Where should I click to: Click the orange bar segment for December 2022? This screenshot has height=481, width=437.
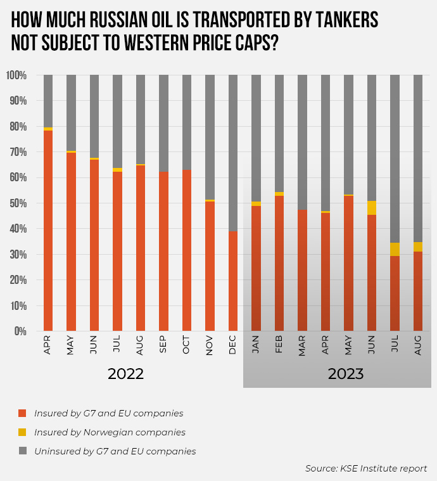point(233,281)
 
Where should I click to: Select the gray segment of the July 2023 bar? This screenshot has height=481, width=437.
point(395,158)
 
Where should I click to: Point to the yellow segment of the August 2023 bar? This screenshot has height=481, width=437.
point(418,247)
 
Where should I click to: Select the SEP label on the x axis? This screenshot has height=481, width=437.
point(164,346)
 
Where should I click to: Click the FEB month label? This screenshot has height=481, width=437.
point(279,346)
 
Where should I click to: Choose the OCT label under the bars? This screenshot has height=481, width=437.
point(187,346)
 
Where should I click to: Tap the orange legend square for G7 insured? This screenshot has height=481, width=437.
point(23,413)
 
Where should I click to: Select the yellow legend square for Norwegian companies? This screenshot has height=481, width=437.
point(23,432)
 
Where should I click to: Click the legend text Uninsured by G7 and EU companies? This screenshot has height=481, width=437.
point(115,451)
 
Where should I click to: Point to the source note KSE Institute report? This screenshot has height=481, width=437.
point(366,468)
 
